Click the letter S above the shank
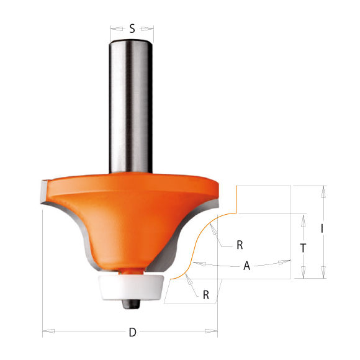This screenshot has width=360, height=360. coord(132,28)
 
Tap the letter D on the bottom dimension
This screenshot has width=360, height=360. coord(132,333)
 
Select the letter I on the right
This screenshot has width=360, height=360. coord(322,228)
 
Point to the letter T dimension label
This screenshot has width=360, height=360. coord(302,247)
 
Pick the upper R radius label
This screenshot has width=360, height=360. coord(240,245)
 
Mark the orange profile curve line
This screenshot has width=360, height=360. coord(194,248)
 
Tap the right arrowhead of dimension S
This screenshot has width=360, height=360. coord(151,28)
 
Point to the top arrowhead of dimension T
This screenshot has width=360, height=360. coord(303,217)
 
